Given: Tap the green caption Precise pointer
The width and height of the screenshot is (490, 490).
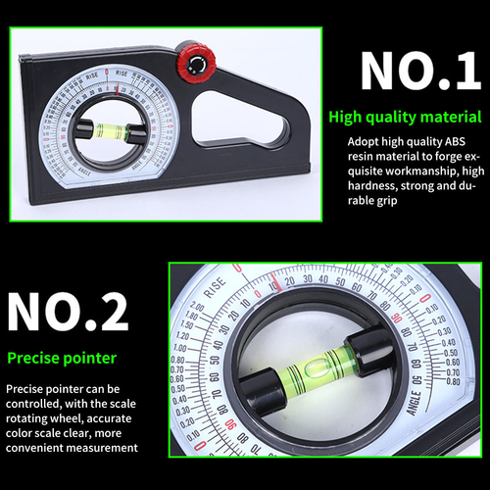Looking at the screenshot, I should [61, 359].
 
